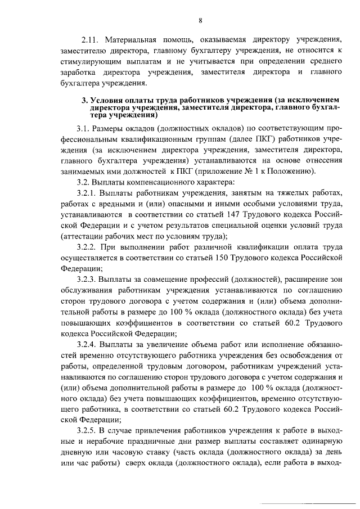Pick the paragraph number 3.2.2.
coord(86,247)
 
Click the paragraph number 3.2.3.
coord(86,279)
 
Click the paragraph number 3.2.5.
coord(86,430)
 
